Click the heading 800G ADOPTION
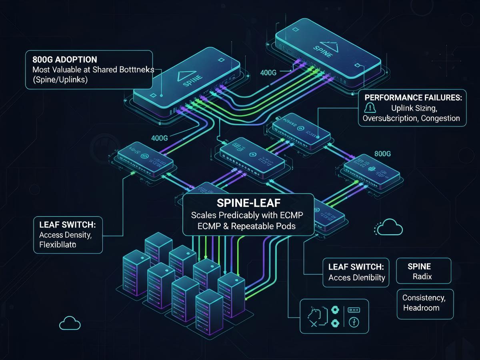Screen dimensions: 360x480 pos(64,60)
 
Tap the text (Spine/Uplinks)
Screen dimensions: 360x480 pos(60,80)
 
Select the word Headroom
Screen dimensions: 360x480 pos(421,308)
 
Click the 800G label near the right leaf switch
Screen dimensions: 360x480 pos(382,153)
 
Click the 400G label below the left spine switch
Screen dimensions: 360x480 pos(162,138)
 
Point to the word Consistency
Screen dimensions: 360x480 pos(423,298)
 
